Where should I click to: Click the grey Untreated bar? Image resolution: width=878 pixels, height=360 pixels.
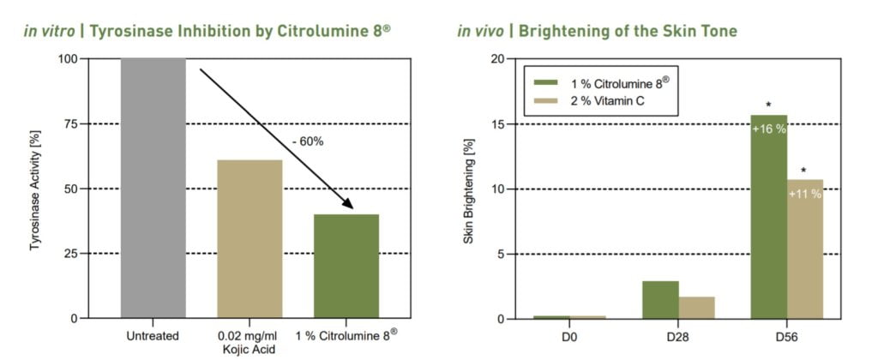153,189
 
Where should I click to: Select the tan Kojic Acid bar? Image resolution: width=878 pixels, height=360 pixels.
250,239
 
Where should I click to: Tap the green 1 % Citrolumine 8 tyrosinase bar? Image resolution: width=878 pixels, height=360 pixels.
346,266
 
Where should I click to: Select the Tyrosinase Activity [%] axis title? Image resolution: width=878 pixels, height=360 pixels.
36,189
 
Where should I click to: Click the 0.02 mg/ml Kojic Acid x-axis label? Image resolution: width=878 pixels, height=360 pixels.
250,342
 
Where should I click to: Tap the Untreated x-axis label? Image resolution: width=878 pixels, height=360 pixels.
153,336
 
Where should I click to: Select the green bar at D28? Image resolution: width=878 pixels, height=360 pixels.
660,300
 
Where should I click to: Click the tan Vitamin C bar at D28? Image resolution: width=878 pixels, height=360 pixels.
696,308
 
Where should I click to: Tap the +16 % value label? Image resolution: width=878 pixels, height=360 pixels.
768,129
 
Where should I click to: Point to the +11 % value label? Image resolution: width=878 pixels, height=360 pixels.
804,194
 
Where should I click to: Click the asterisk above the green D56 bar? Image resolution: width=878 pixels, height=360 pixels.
768,105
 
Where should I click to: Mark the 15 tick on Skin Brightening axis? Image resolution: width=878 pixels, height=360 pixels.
498,123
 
